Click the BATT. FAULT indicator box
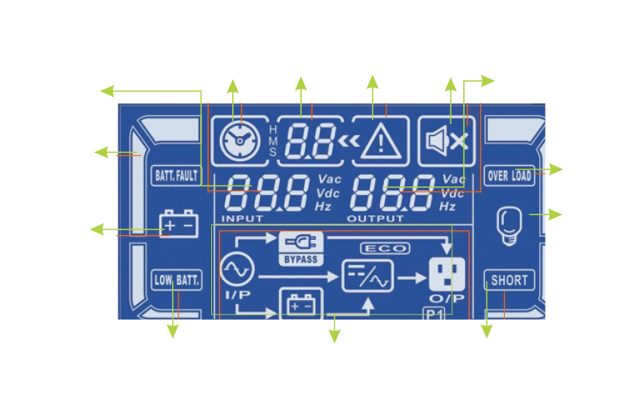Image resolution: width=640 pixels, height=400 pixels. coord(175,174)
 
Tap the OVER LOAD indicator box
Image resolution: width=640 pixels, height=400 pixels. coord(510,175)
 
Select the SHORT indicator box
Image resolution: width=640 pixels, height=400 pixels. coord(509,280)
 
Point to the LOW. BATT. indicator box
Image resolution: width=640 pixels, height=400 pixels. coord(175,281)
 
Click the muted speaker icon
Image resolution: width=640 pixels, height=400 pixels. coord(446,141)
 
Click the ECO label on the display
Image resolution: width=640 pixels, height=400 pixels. coord(384,249)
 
